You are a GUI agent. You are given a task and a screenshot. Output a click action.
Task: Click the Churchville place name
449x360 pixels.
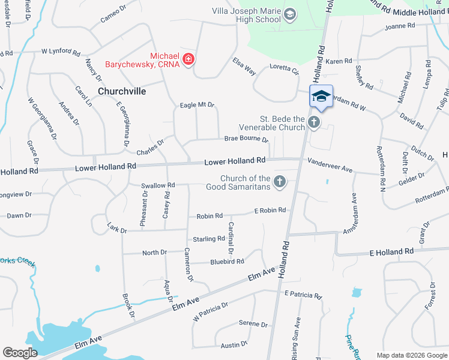(x=122, y=91)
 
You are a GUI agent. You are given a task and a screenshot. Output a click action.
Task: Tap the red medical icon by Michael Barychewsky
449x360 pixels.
(x=188, y=59)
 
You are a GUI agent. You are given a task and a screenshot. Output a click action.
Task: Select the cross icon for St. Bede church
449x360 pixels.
(x=313, y=123)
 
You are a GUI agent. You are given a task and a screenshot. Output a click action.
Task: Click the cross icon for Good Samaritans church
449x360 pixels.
(x=279, y=182)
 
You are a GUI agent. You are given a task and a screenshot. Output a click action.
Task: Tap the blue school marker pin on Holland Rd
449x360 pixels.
(x=321, y=97)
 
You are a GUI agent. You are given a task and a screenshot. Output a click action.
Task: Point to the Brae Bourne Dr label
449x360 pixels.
(x=246, y=139)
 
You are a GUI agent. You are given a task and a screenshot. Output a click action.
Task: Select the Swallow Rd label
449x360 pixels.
(x=158, y=185)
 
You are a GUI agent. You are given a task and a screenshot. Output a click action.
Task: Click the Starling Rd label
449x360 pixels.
(x=208, y=239)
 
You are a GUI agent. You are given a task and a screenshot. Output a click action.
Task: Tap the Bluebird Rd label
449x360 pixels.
(x=227, y=262)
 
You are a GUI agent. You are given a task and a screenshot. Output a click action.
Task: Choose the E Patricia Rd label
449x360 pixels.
(x=304, y=295)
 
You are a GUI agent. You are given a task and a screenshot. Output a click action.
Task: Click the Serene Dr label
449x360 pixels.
(x=253, y=324)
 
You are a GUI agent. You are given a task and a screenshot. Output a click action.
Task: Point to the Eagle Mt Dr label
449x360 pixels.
(x=197, y=105)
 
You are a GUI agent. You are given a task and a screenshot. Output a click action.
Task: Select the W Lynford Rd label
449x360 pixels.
(x=61, y=53)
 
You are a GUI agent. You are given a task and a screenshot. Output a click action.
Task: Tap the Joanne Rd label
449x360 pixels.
(x=400, y=26)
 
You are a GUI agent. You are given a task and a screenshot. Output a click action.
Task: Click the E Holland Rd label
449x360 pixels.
(x=392, y=251)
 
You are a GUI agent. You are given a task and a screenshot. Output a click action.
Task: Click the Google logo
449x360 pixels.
(x=20, y=353)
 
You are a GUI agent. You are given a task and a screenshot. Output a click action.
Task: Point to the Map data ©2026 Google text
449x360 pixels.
(x=411, y=355)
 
